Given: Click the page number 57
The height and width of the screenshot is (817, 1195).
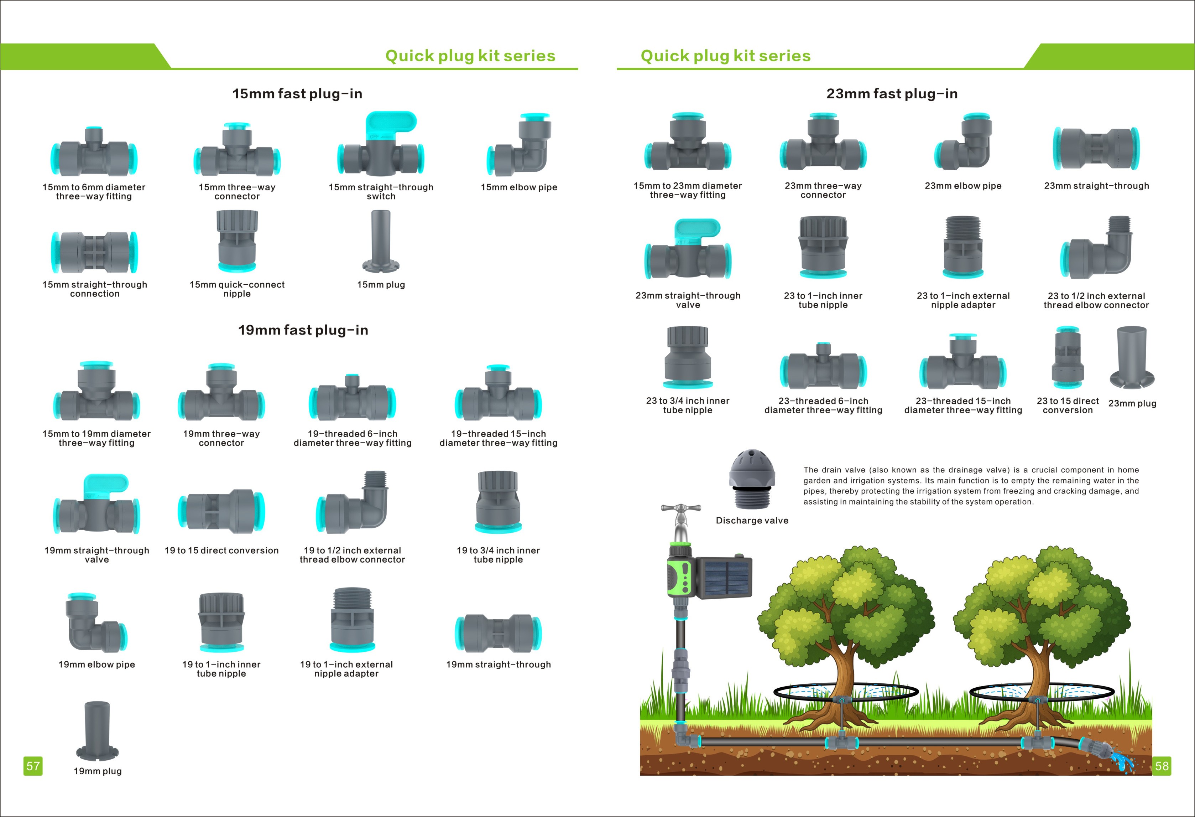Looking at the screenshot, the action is coord(33,766).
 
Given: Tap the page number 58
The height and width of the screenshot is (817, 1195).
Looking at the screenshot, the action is coord(1162,766).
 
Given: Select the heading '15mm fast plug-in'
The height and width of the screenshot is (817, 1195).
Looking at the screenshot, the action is coord(297,94).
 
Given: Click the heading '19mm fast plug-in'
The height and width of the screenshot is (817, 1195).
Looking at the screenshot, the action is coord(303,330).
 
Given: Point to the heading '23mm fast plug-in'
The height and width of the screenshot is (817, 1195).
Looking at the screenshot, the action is coord(892,94).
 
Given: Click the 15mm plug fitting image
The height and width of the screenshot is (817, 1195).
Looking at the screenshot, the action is coord(381,241).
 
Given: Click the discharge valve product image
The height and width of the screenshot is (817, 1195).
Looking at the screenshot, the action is coord(751,479).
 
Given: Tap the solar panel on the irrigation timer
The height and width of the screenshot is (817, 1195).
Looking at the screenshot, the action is coord(724,578).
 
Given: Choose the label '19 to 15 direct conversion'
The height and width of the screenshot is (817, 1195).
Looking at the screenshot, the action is coord(221,550).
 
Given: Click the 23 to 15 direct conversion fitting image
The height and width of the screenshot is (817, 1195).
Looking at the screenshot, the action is coord(1068,357).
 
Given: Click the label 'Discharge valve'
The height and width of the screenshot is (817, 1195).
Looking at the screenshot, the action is coord(752,521).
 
